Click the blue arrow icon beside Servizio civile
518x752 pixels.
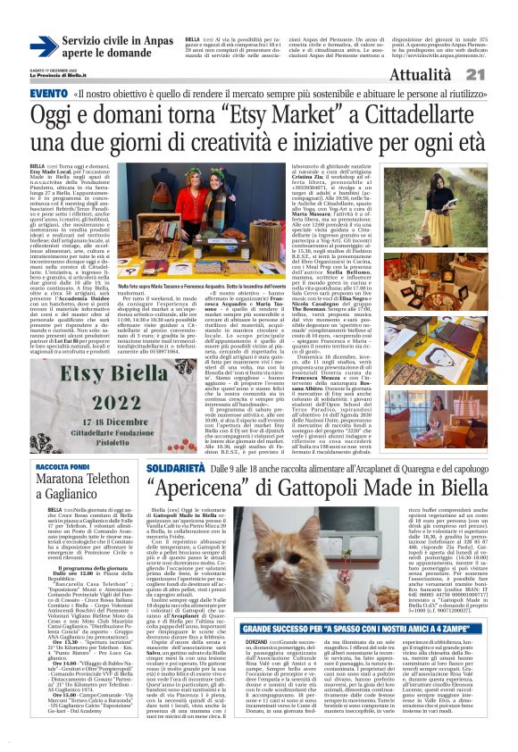[x=44, y=46]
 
